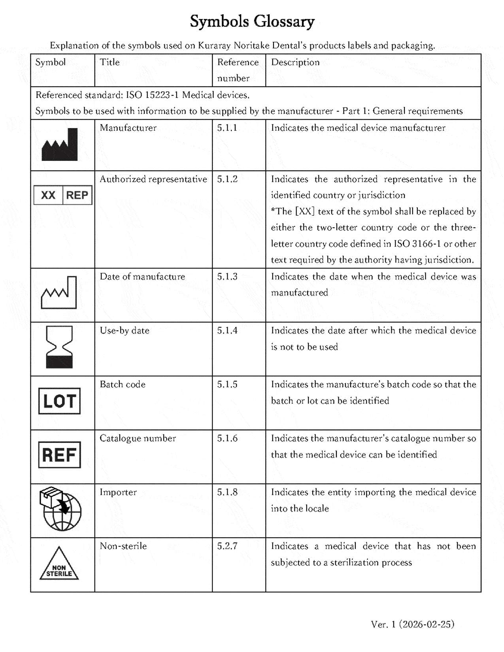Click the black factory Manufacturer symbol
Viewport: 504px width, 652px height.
point(60,145)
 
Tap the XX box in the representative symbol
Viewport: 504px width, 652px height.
point(48,195)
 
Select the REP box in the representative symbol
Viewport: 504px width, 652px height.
point(77,195)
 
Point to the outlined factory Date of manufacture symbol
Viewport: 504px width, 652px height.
point(59,293)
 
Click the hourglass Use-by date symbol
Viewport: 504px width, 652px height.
point(59,347)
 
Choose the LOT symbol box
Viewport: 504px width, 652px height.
point(59,401)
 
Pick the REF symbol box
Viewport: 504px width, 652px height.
point(59,455)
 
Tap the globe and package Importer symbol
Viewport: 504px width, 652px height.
point(60,509)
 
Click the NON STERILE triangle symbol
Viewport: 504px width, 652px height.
point(59,565)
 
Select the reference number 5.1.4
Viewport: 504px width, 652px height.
point(227,331)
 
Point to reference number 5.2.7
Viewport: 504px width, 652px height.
point(227,546)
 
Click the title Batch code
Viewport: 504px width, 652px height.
point(123,384)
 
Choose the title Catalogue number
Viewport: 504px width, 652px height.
point(138,438)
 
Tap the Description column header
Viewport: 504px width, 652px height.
point(295,62)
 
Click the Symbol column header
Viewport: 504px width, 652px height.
point(51,62)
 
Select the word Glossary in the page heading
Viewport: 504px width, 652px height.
point(284,21)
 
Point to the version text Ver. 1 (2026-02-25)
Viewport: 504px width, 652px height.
point(413,624)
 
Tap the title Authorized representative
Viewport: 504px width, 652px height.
point(153,179)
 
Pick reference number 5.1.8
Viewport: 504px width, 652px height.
point(227,492)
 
